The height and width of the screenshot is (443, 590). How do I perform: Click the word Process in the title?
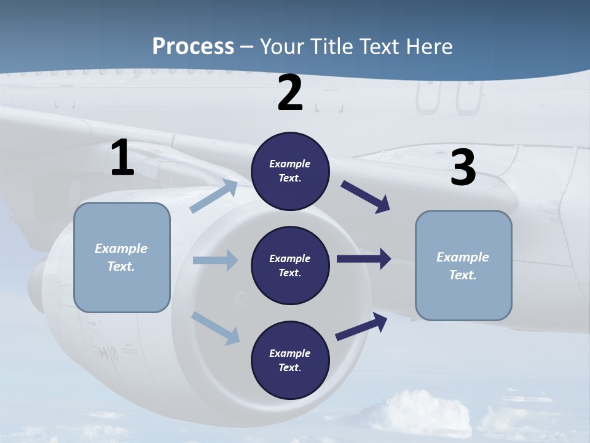[x=193, y=46]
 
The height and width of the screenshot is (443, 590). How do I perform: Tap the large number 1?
[x=122, y=158]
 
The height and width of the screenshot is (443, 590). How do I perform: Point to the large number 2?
[x=290, y=93]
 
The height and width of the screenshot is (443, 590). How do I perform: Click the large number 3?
[x=463, y=168]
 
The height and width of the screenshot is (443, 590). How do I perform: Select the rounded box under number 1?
[x=122, y=257]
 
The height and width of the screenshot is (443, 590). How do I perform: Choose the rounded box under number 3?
[x=463, y=266]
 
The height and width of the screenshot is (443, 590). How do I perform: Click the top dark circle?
[x=290, y=171]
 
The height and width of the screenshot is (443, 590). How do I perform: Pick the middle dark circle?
[x=290, y=265]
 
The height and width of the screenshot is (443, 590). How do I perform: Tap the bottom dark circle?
[x=290, y=360]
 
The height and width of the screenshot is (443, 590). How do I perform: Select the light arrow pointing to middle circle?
[x=215, y=260]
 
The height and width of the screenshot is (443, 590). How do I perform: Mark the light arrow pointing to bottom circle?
[x=216, y=328]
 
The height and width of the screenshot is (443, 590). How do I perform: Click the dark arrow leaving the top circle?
[x=366, y=197]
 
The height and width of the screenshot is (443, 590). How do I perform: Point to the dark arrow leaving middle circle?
[x=364, y=259]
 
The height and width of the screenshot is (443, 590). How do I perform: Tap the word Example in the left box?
[x=121, y=249]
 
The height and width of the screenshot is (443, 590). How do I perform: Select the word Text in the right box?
[x=462, y=275]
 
